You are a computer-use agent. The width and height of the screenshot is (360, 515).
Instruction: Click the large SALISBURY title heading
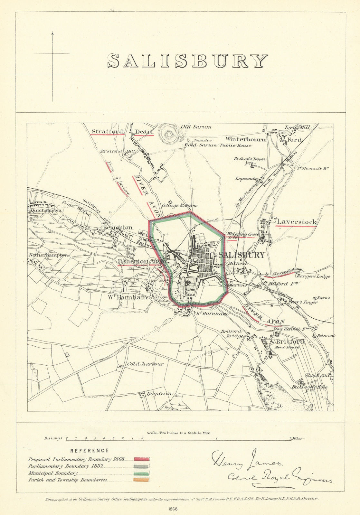click(187, 61)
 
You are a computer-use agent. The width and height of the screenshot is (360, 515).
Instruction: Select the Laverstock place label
click(297, 222)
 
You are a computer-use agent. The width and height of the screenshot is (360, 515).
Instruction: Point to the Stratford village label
click(107, 131)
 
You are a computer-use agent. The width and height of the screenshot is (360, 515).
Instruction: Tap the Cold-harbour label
click(145, 364)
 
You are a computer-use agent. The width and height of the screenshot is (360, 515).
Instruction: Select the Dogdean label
click(159, 394)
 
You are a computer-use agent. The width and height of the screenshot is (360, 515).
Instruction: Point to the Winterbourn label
click(246, 139)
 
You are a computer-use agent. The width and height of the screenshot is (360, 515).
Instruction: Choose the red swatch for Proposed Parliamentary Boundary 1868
click(142, 459)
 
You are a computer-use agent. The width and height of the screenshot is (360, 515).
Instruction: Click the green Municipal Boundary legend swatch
click(142, 473)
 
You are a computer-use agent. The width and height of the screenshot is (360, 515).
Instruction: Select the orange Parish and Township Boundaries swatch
click(142, 480)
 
